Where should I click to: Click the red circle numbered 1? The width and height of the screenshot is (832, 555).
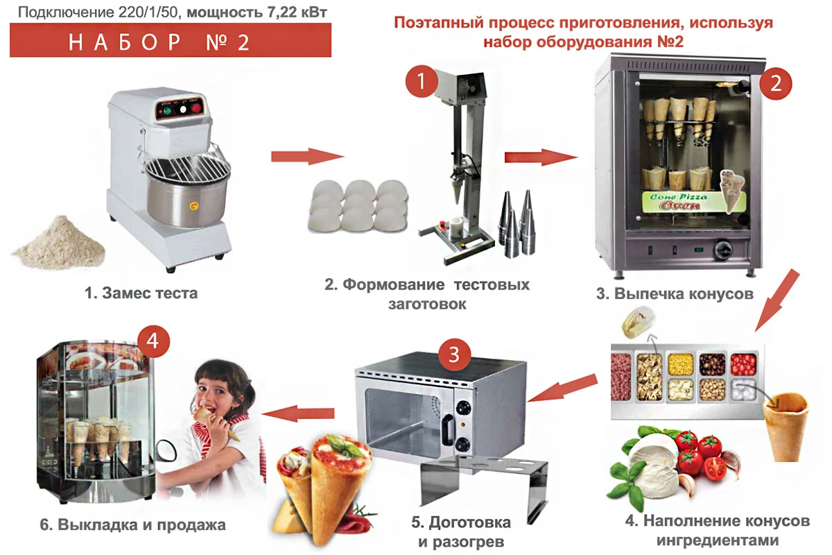[421, 81]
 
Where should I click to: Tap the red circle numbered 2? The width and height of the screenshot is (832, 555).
[775, 83]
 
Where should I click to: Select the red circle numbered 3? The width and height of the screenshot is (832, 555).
[454, 355]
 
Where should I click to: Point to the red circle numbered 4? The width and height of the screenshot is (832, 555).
[153, 341]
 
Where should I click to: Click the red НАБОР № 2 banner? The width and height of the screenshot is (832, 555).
[171, 40]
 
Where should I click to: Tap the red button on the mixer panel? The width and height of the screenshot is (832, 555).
[196, 108]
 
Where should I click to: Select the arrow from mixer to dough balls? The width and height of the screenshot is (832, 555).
[308, 156]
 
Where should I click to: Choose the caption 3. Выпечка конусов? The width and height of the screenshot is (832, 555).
[675, 293]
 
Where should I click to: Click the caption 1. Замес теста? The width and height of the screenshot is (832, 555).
[141, 293]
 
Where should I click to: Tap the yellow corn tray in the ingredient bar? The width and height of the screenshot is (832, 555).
[681, 364]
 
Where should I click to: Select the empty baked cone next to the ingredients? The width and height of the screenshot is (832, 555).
[785, 427]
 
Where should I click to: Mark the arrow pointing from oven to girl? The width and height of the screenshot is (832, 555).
[298, 413]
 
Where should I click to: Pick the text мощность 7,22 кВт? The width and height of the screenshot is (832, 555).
[257, 12]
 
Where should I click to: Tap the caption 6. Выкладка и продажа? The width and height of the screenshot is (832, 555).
[132, 525]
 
